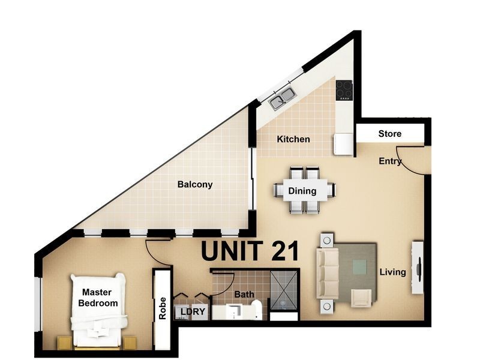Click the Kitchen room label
point(293,139)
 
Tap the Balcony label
point(195,185)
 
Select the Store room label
point(389,134)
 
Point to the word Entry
point(390,161)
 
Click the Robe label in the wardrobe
point(162,308)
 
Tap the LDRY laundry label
point(193,311)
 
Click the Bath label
point(244,295)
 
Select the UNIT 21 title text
point(250,251)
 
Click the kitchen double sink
point(282,98)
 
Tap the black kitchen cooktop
point(344,90)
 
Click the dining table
point(305,190)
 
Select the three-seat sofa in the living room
point(327,274)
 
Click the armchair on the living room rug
point(361,298)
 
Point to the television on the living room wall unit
point(418,267)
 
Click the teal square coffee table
point(359,267)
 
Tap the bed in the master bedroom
point(98,310)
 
